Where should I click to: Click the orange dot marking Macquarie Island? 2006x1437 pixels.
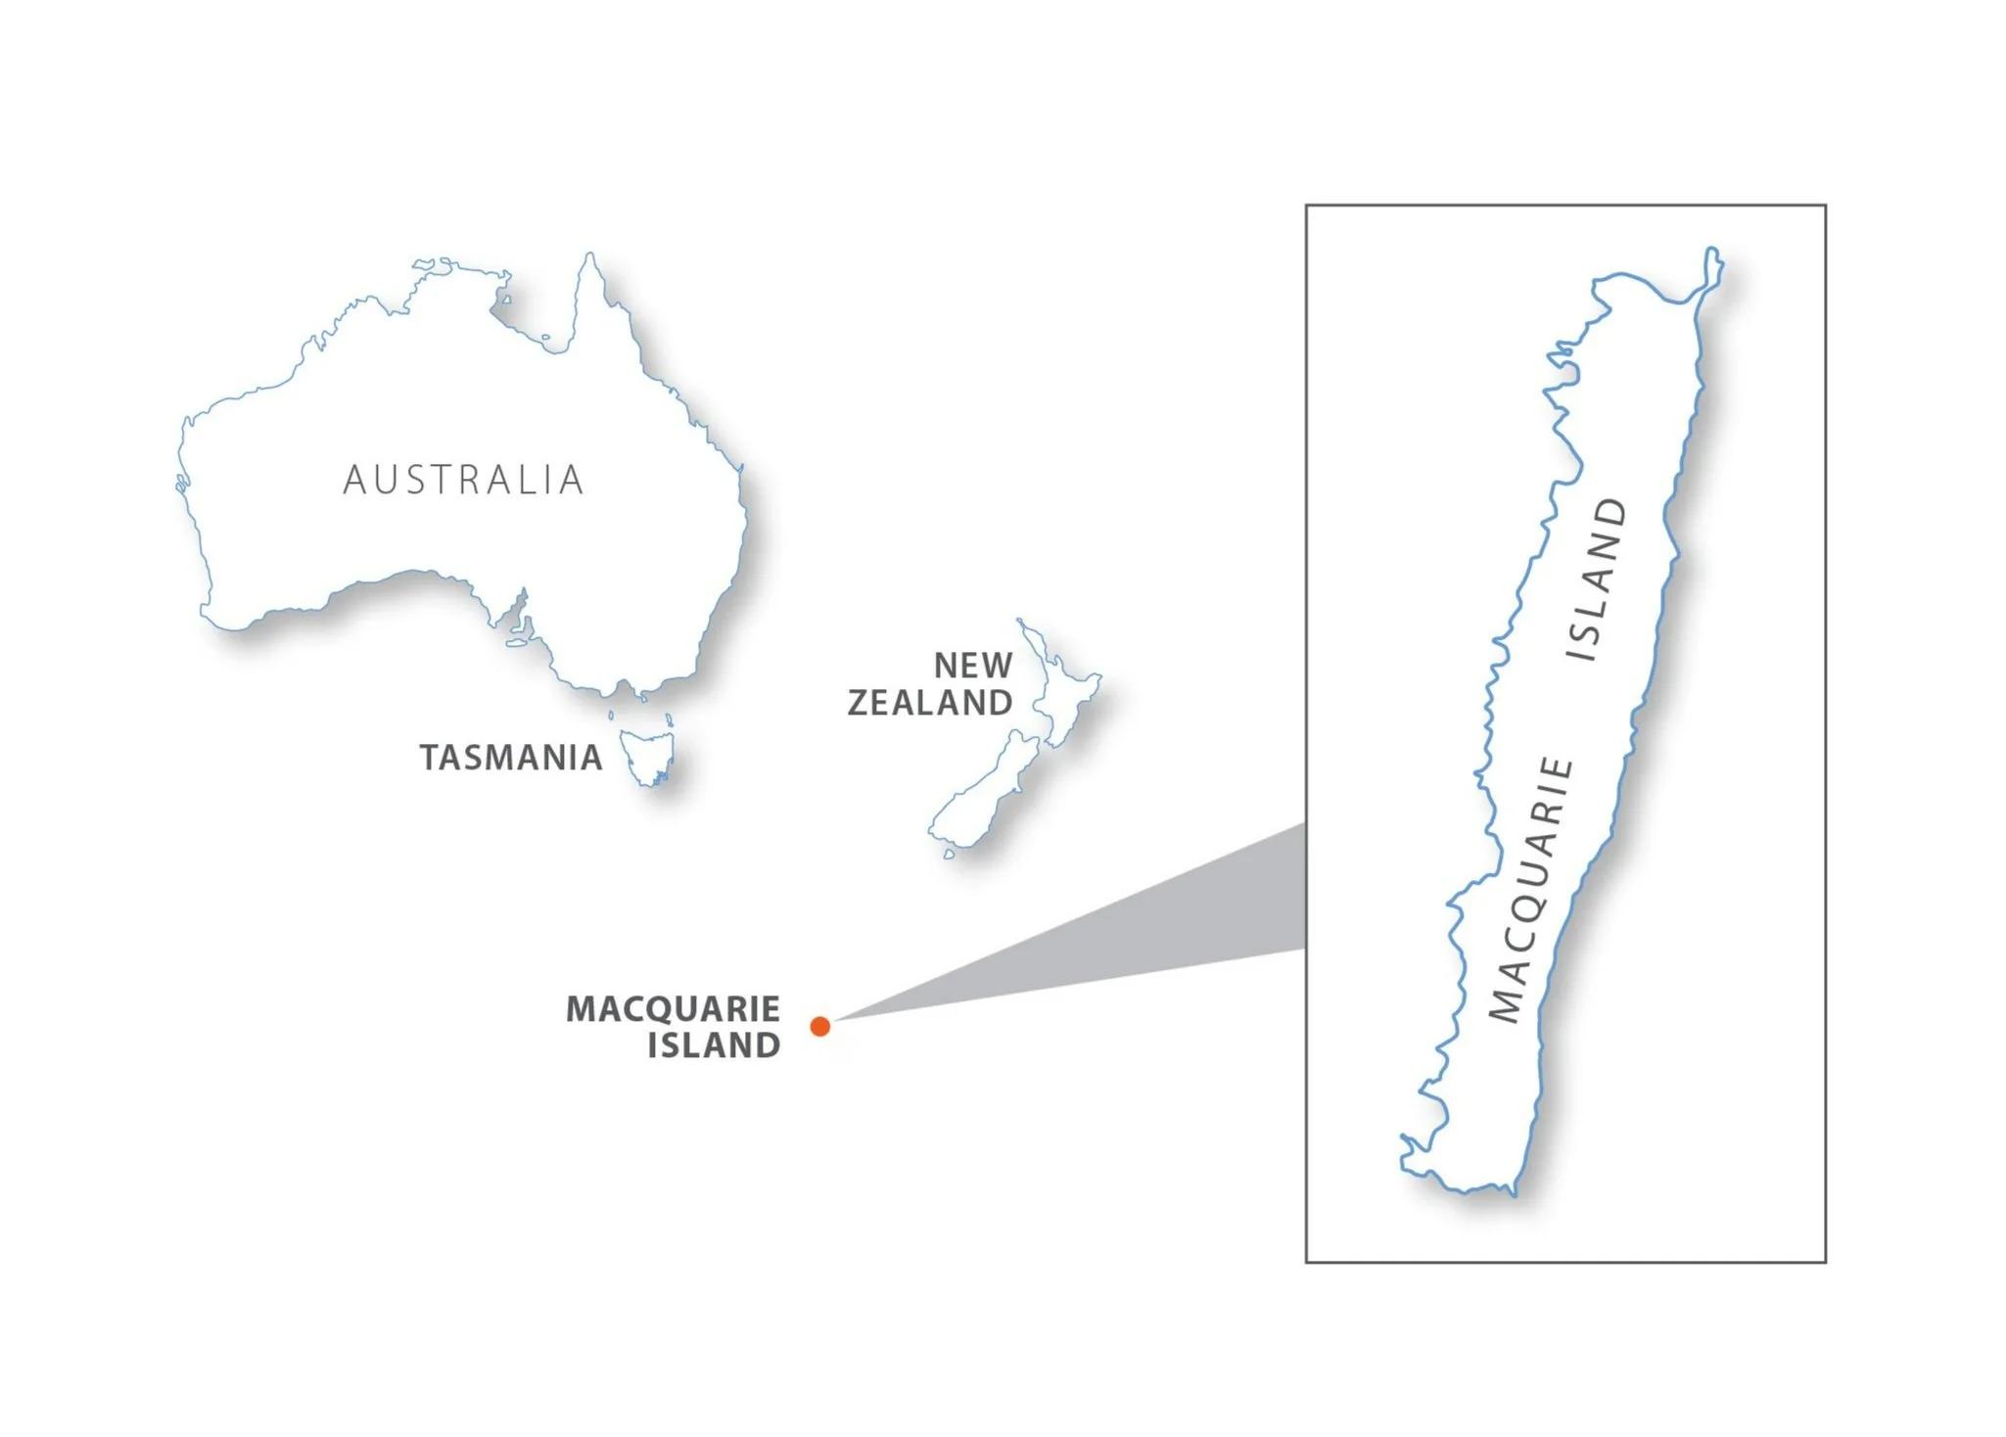point(820,1026)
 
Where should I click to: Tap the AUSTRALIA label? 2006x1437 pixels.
point(464,480)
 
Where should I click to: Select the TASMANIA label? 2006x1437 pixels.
point(511,758)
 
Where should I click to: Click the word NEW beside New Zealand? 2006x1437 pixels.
point(973,666)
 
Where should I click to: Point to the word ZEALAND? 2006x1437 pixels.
point(930,703)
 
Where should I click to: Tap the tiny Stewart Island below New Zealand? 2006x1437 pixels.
point(949,854)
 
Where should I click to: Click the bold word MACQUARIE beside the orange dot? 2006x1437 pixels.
point(674,1008)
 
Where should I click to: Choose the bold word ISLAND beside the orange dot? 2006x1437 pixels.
point(714,1045)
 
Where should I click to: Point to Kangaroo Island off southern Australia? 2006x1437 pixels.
point(516,643)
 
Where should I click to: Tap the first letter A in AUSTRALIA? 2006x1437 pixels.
point(353,480)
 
